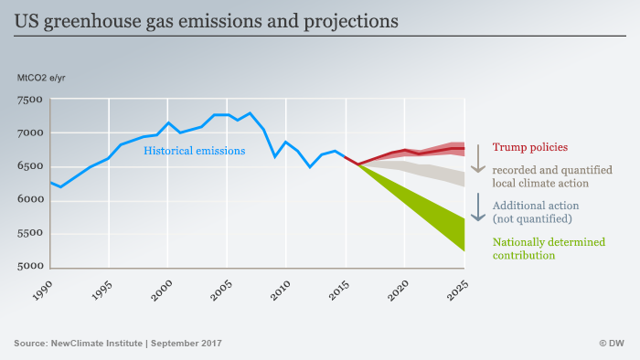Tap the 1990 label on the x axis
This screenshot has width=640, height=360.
[x=39, y=293]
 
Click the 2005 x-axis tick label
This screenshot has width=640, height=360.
[x=218, y=293]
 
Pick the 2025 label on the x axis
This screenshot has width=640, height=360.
[x=455, y=293]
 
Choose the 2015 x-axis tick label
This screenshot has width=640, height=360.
[x=336, y=293]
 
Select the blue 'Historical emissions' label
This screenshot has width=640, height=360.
[x=194, y=151]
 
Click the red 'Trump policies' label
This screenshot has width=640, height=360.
[x=530, y=146]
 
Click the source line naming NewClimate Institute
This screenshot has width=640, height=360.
[x=118, y=344]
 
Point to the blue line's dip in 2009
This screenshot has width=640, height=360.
[x=275, y=156]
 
